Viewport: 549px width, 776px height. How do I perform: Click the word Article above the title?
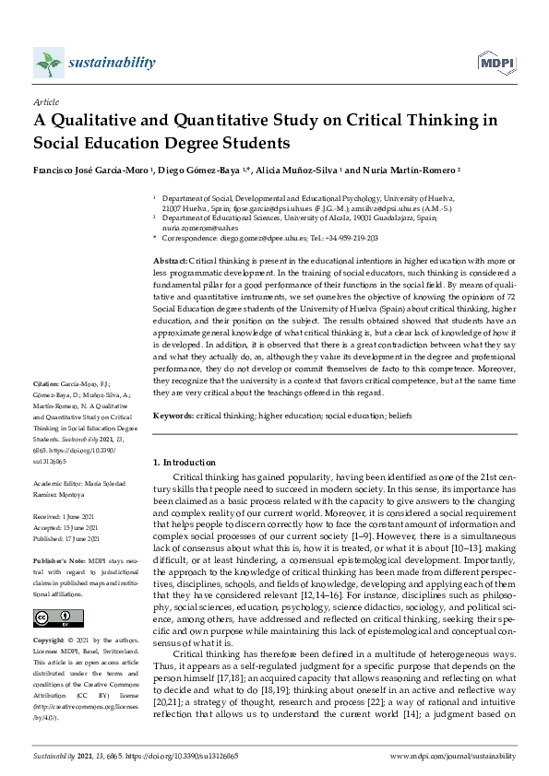click(44, 103)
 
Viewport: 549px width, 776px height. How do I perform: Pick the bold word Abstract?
click(169, 262)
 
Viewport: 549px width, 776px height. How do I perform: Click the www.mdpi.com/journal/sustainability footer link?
click(452, 755)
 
